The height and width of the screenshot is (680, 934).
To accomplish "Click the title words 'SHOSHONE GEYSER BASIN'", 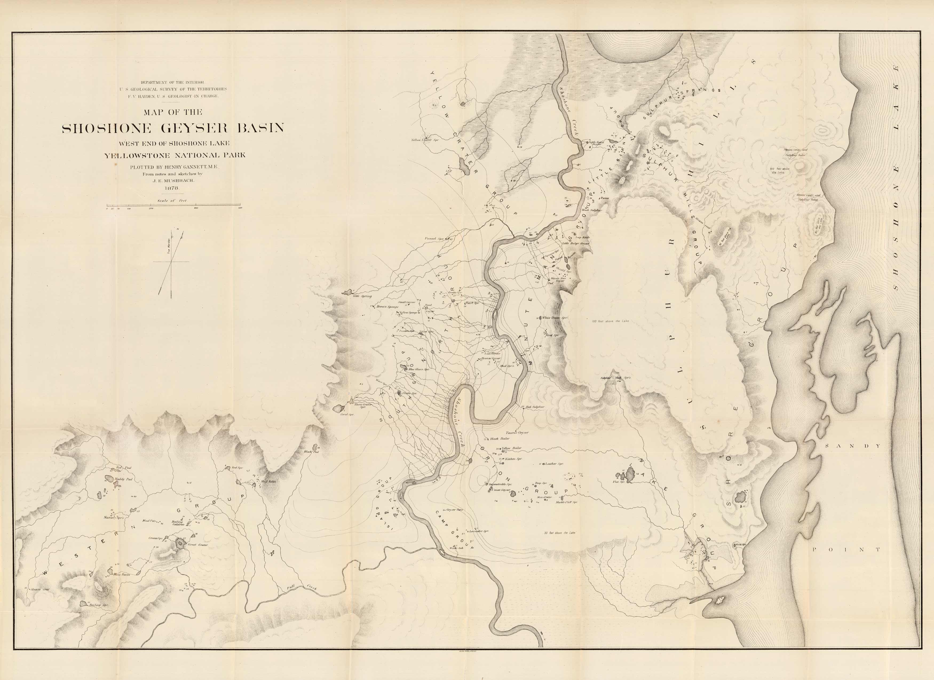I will pos(173,128).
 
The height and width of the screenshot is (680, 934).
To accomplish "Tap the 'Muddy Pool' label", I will pos(124,480).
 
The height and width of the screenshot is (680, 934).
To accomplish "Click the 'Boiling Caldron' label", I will pos(178,523).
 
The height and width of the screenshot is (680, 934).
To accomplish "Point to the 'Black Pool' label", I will pos(311,452).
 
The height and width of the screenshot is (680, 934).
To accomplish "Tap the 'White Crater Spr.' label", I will pos(555,318).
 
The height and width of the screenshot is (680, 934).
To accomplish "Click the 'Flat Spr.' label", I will pos(619,482).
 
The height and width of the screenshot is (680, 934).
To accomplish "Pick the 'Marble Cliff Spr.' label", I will pos(566,502).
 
